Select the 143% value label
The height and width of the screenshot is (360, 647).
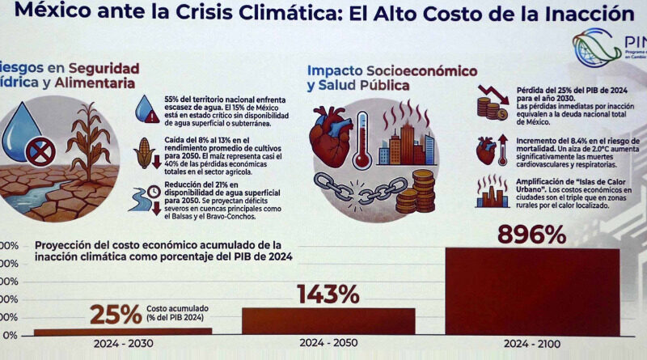(328, 294)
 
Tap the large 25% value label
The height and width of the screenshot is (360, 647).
(115, 314)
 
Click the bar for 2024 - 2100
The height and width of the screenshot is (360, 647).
(532, 291)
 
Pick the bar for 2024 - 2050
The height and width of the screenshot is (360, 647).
(328, 320)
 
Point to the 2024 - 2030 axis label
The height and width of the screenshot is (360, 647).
(121, 345)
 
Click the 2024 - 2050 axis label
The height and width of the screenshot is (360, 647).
(328, 345)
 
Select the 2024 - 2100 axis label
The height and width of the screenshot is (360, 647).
(533, 345)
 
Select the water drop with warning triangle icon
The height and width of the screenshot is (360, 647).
(146, 108)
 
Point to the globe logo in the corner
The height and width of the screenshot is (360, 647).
(597, 45)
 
